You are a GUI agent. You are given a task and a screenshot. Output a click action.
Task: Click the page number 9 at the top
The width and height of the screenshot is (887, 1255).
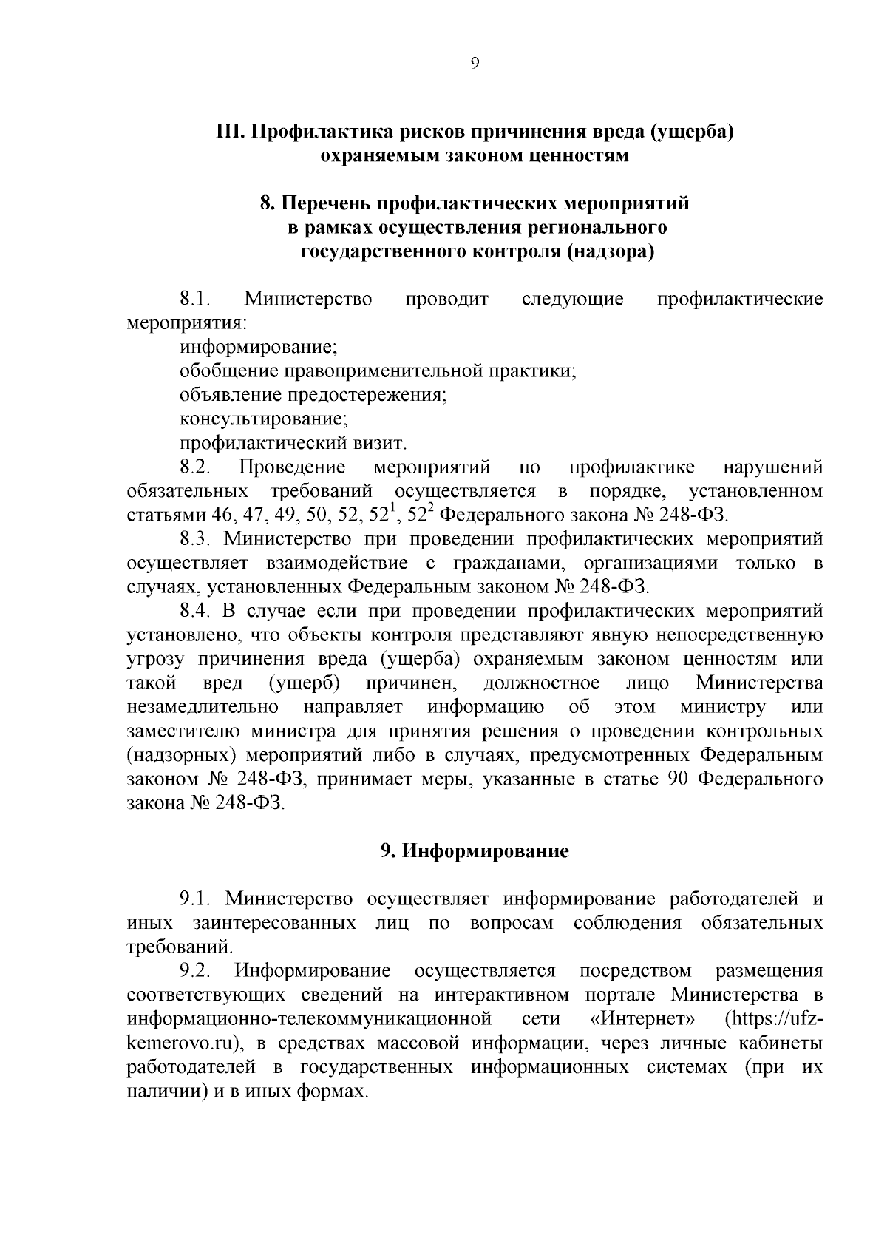click(x=475, y=64)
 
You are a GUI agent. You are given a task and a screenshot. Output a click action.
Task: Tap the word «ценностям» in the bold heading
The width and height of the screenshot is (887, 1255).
click(x=577, y=155)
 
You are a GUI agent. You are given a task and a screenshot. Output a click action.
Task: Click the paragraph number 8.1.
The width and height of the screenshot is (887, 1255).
click(x=196, y=299)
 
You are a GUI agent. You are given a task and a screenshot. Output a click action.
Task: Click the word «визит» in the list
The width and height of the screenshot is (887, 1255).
click(x=381, y=443)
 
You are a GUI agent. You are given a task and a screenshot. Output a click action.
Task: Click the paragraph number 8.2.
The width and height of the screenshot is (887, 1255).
click(x=196, y=467)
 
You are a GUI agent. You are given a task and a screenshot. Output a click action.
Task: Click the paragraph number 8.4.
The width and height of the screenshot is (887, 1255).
click(x=196, y=612)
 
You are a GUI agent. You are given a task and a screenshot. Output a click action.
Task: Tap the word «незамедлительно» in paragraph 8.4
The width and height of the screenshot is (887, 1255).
click(x=203, y=707)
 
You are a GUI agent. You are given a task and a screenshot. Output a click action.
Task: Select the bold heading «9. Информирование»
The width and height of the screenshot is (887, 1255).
click(x=475, y=851)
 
